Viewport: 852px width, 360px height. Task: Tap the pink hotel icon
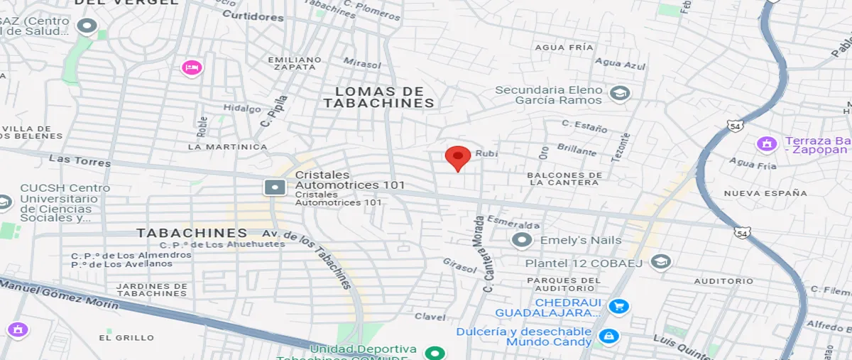[191, 67]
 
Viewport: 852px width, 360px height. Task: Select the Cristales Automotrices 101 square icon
[274, 187]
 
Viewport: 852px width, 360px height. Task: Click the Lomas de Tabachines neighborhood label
[378, 97]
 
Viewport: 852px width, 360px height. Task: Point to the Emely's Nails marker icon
[523, 240]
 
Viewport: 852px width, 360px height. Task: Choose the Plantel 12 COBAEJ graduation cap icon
[660, 262]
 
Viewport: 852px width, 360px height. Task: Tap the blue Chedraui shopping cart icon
[618, 307]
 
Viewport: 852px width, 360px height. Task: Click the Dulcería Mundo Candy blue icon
[607, 337]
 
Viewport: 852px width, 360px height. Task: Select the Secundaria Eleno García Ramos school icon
[620, 94]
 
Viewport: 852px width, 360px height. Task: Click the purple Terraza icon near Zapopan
[766, 143]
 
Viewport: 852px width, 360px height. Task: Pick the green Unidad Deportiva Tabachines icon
[434, 353]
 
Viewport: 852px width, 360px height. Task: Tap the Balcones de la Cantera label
[564, 179]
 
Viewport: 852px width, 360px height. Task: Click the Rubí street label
[484, 153]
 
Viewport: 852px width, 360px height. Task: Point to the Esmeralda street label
[508, 223]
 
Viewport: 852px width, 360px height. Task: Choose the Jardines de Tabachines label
[152, 290]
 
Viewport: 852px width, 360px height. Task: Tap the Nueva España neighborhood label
[765, 193]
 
